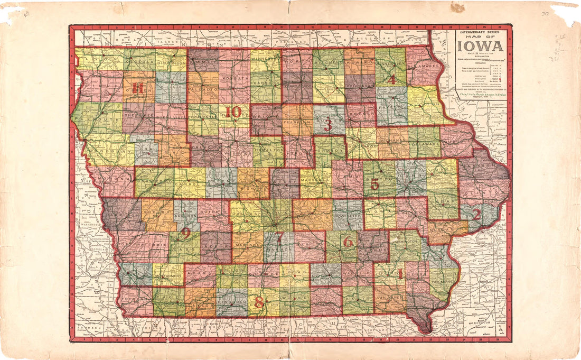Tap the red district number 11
click(x=138, y=88)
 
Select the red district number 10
click(x=233, y=112)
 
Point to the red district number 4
click(x=391, y=79)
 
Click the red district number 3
click(x=328, y=125)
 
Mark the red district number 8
click(x=259, y=303)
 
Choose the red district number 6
click(x=348, y=242)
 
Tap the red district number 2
click(x=476, y=214)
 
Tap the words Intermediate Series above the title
click(x=481, y=33)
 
